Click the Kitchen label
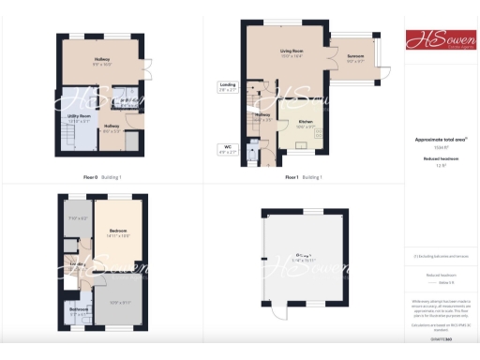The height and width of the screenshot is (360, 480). click(305, 124)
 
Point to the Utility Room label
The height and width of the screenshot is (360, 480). click(79, 116)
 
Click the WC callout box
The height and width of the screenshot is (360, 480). click(228, 147)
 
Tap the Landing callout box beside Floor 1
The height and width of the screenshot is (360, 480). click(228, 85)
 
